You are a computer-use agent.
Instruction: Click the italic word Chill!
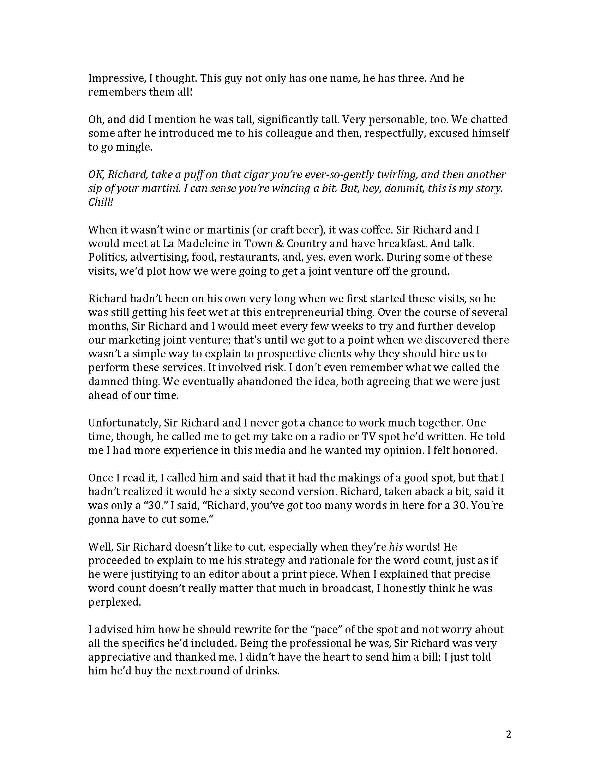(100, 202)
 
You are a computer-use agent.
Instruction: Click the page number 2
(508, 734)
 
